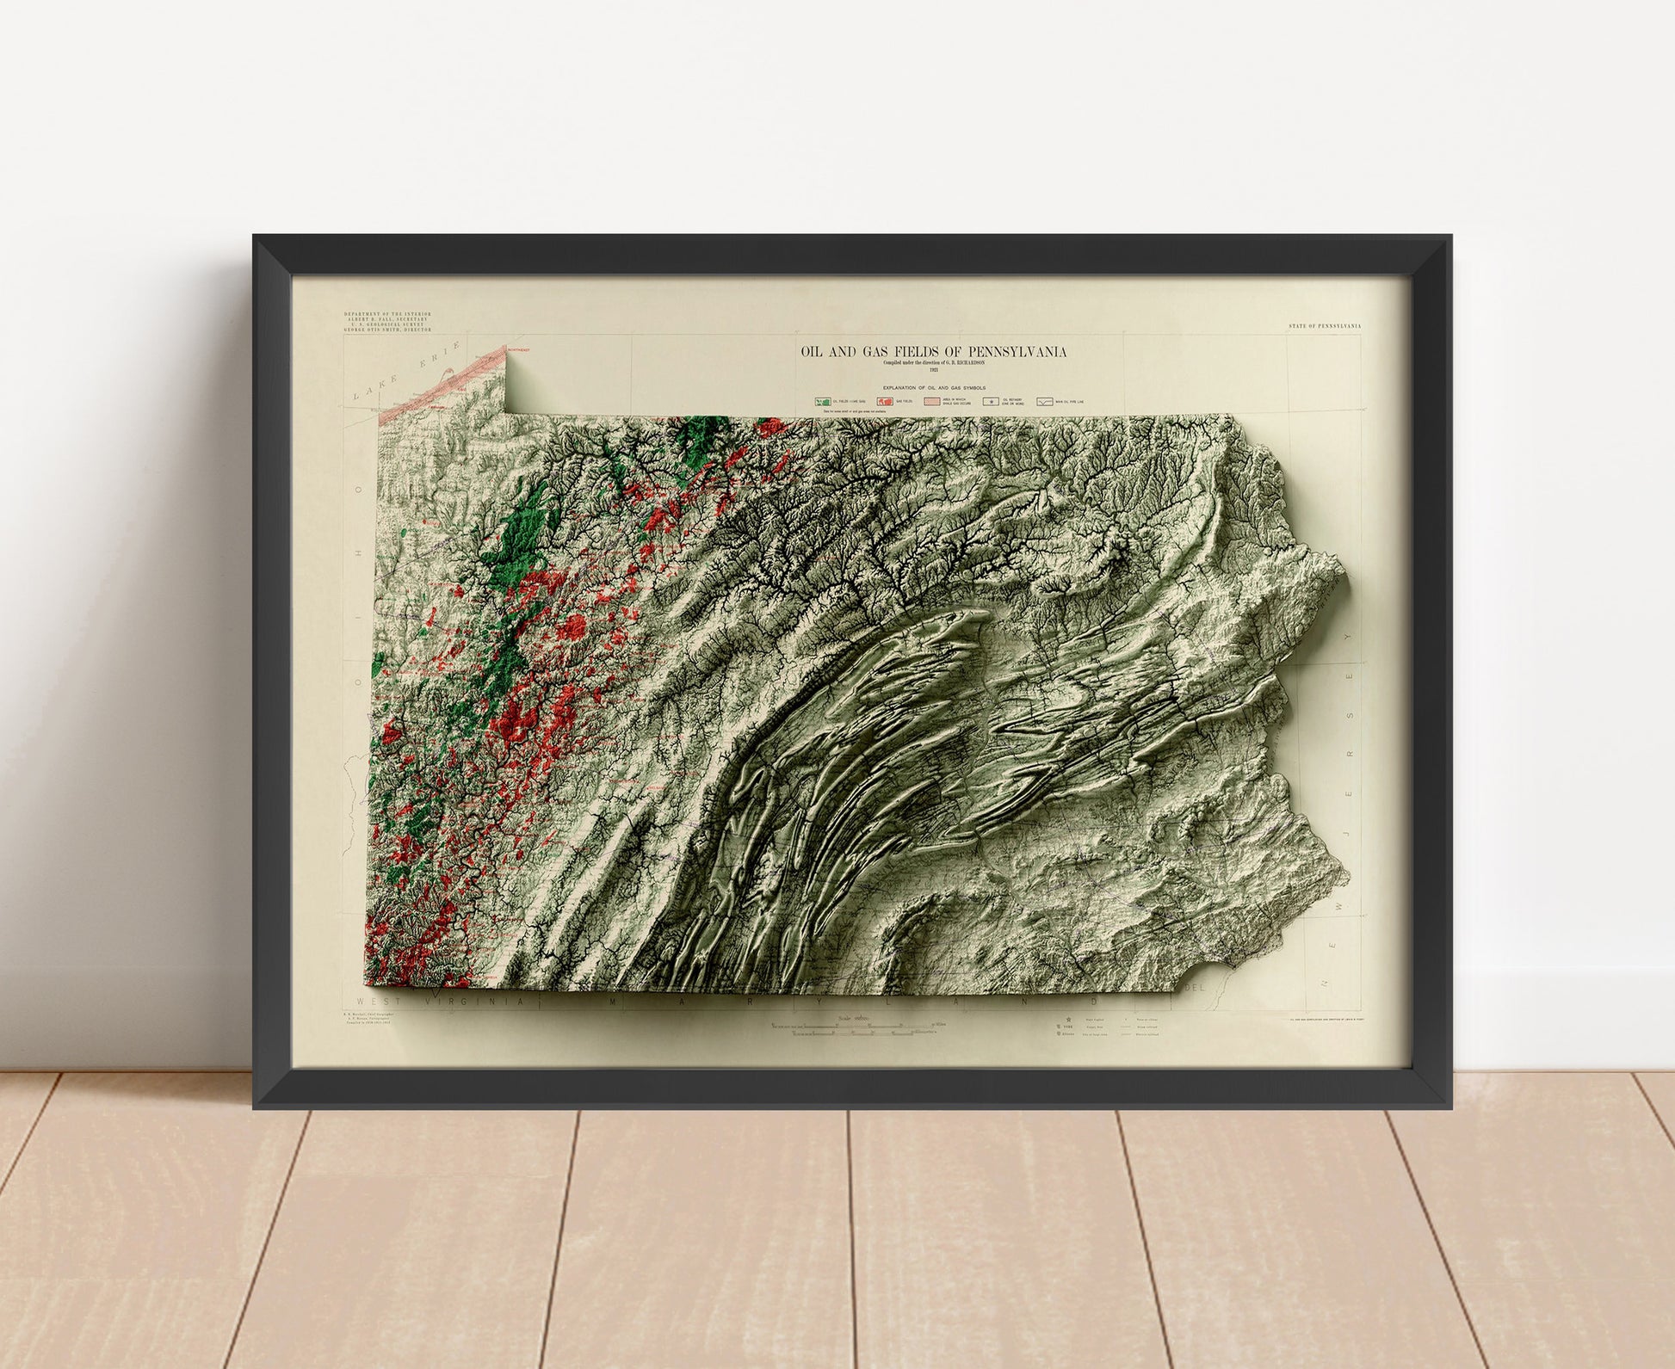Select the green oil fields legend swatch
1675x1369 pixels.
pyautogui.click(x=824, y=401)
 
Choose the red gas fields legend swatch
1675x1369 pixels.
pyautogui.click(x=885, y=401)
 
